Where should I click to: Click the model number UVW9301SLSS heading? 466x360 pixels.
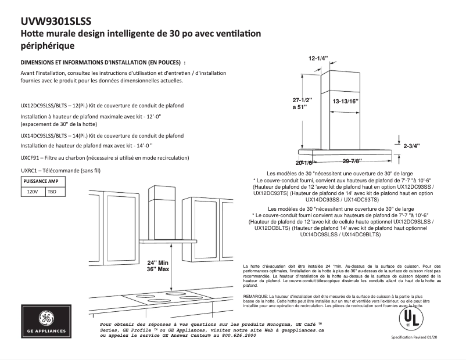pyautogui.click(x=56, y=21)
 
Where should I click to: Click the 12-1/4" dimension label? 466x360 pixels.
pyautogui.click(x=318, y=59)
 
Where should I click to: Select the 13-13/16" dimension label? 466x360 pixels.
pyautogui.click(x=346, y=101)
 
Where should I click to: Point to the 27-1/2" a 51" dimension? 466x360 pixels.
pyautogui.click(x=302, y=104)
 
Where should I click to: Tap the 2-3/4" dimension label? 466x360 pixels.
pyautogui.click(x=411, y=146)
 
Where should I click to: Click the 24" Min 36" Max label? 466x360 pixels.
pyautogui.click(x=157, y=265)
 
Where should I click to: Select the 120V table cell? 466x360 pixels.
pyautogui.click(x=33, y=191)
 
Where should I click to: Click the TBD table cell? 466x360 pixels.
pyautogui.click(x=52, y=191)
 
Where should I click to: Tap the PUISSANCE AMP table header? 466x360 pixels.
pyautogui.click(x=41, y=181)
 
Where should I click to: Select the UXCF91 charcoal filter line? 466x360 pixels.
pyautogui.click(x=105, y=158)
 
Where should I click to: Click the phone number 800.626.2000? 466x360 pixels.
pyautogui.click(x=238, y=336)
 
